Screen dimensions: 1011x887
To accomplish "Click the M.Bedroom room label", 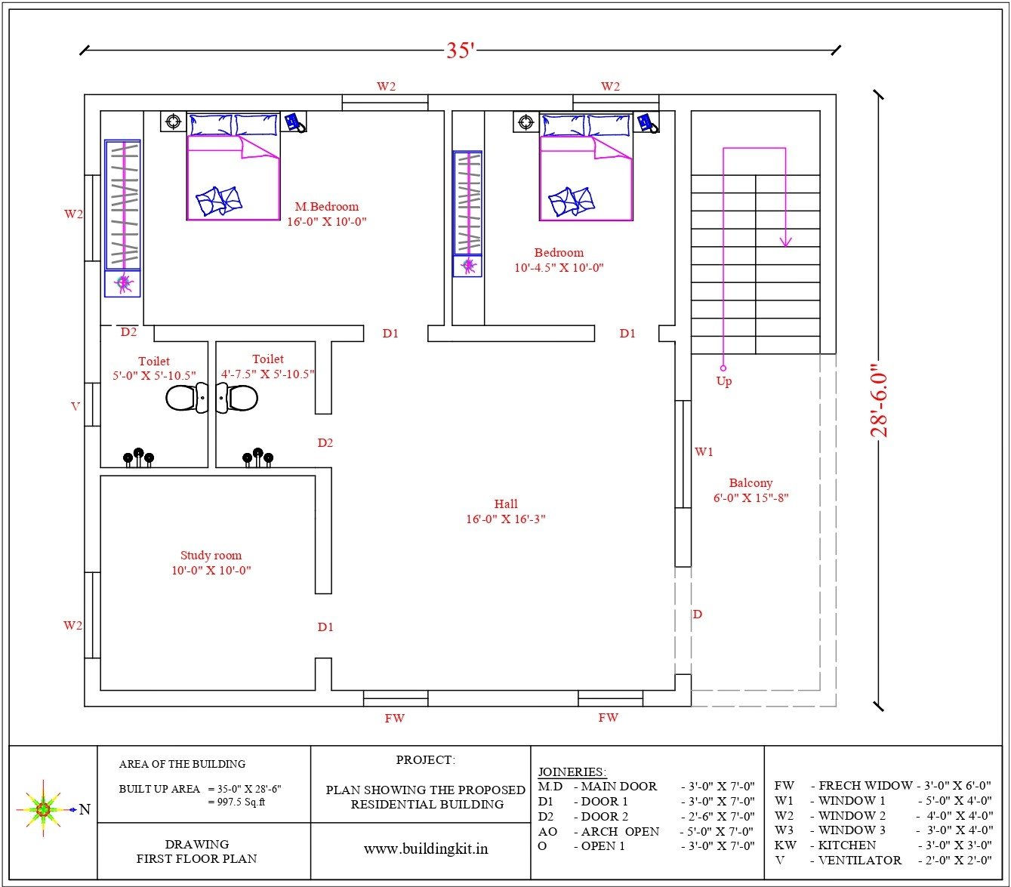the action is pyautogui.click(x=326, y=207).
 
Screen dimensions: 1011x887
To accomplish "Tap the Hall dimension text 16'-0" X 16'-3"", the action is pyautogui.click(x=506, y=519).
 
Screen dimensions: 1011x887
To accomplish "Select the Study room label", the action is pyautogui.click(x=211, y=556).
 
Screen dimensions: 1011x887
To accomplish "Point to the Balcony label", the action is pyautogui.click(x=751, y=483).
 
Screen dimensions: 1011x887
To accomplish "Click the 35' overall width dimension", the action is pyautogui.click(x=460, y=51).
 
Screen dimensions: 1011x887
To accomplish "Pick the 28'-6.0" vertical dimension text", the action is pyautogui.click(x=880, y=400).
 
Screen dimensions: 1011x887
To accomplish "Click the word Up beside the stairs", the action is pyautogui.click(x=724, y=382).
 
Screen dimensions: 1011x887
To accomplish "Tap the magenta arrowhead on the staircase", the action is pyautogui.click(x=785, y=242).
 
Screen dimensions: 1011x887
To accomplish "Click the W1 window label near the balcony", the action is pyautogui.click(x=704, y=452).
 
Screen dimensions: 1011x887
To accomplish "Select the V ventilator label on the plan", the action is pyautogui.click(x=76, y=407).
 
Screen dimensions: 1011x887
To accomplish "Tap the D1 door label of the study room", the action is pyautogui.click(x=325, y=627).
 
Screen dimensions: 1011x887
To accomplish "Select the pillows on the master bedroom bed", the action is pyautogui.click(x=233, y=125).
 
